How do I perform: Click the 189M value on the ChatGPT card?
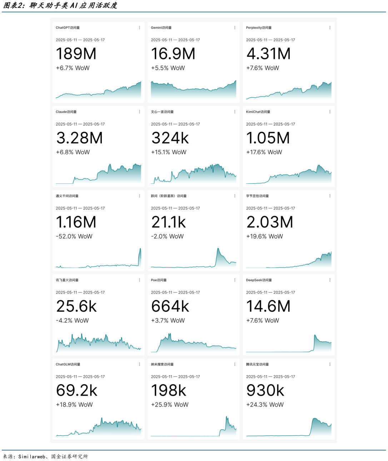[76, 54]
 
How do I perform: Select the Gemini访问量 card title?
[161, 28]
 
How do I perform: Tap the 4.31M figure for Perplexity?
[268, 54]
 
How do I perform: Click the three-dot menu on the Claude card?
[139, 112]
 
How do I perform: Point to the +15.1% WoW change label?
[169, 152]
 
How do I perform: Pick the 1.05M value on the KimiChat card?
[268, 138]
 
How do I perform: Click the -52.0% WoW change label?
[74, 236]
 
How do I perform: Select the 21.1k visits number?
[168, 222]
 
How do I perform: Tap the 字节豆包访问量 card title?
[257, 196]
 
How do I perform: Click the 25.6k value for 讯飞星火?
[76, 306]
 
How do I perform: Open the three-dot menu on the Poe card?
[235, 280]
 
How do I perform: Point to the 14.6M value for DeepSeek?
[268, 306]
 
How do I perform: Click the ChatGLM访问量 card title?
[68, 364]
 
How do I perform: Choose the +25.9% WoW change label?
[170, 404]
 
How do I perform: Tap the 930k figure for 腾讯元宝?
[265, 391]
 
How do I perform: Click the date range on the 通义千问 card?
[80, 208]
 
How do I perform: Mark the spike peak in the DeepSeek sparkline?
[315, 335]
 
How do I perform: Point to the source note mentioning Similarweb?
[45, 456]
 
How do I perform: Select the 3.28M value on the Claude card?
[79, 138]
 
